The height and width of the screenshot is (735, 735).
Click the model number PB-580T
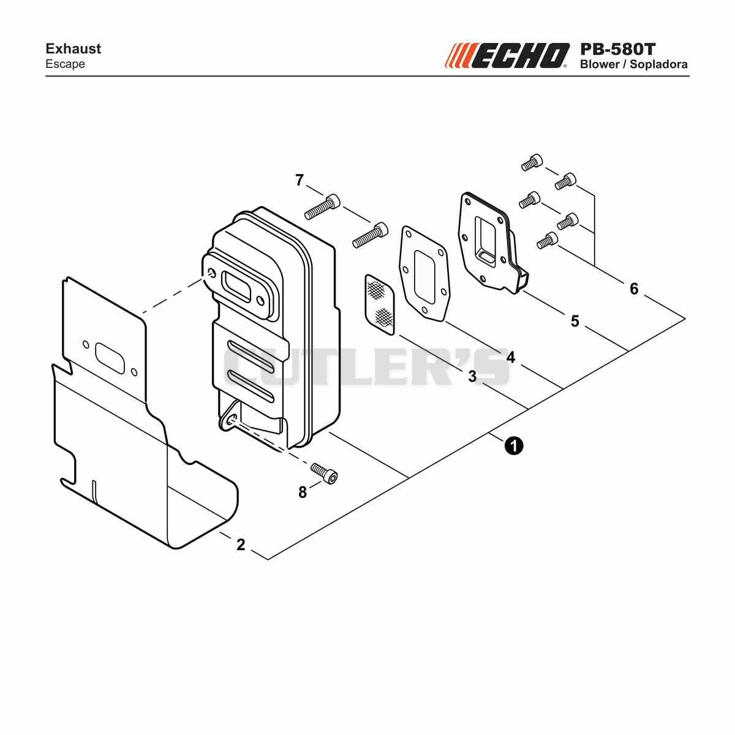[x=617, y=49]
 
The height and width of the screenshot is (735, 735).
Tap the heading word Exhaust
[x=73, y=49]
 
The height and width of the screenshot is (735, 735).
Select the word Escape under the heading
[x=65, y=64]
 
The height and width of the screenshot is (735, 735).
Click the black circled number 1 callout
[x=513, y=445]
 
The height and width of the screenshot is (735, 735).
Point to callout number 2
[x=240, y=545]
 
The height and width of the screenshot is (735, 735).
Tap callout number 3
[x=472, y=376]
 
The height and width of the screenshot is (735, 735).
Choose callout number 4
[x=511, y=357]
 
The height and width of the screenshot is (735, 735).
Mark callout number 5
[x=575, y=321]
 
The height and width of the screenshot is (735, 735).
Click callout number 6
[x=634, y=288]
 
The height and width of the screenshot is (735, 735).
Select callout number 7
[x=300, y=179]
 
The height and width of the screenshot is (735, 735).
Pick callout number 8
[x=303, y=492]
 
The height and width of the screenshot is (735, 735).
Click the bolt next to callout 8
[x=324, y=473]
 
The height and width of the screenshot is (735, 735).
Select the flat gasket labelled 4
[x=423, y=273]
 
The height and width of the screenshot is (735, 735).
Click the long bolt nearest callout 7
[x=322, y=206]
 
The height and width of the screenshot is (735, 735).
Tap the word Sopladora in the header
[x=658, y=64]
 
